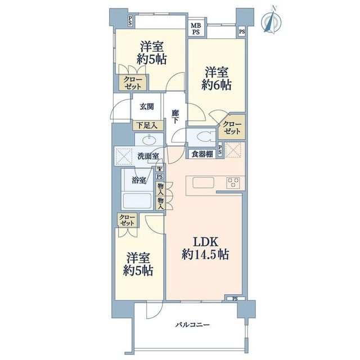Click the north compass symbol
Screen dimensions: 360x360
[x=271, y=20]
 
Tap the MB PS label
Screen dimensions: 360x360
[x=196, y=29]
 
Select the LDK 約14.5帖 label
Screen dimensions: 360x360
[x=205, y=248]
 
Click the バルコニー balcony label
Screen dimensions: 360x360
[x=192, y=325]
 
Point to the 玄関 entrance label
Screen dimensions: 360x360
[x=147, y=106]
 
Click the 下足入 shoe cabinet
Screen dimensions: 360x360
[x=148, y=125]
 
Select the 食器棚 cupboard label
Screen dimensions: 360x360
[x=202, y=154]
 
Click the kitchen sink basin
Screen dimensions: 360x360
[x=203, y=183]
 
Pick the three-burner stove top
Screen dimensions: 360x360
[x=233, y=183]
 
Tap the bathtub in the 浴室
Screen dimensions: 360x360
[x=137, y=201]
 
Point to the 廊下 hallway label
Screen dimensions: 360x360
[x=175, y=117]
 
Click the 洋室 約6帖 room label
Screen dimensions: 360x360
[x=217, y=79]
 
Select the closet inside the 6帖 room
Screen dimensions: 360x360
[x=232, y=128]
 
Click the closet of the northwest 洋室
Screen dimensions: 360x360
[x=133, y=83]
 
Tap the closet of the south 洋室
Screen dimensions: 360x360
[x=127, y=220]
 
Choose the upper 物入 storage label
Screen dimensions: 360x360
[x=160, y=189]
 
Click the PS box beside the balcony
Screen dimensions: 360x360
[x=235, y=299]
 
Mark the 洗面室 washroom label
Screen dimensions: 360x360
[x=148, y=156]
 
